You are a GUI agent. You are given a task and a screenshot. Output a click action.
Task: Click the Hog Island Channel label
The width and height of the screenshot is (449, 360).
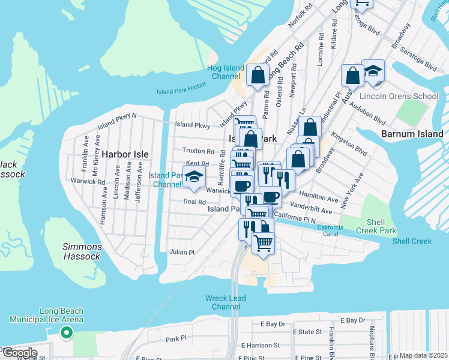pyautogui.click(x=224, y=73)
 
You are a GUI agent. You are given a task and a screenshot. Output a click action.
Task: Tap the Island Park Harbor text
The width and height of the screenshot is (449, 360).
pyautogui.click(x=181, y=88)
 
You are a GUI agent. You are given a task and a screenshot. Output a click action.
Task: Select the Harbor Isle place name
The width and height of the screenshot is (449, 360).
pyautogui.click(x=125, y=154)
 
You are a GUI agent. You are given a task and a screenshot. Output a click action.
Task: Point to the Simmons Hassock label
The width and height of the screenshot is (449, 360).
pyautogui.click(x=82, y=251)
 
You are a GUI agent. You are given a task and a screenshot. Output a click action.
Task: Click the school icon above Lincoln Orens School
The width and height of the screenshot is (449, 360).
pyautogui.click(x=373, y=72)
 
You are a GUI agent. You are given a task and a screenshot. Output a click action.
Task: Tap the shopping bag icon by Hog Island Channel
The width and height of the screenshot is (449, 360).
pyautogui.click(x=258, y=76)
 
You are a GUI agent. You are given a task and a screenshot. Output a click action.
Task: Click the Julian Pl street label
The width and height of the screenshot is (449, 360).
pyautogui.click(x=182, y=253)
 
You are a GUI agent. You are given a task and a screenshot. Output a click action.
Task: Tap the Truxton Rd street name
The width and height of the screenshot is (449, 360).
pyautogui.click(x=198, y=151)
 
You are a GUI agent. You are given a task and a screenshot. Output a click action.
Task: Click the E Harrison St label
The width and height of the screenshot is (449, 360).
pyautogui.click(x=260, y=346)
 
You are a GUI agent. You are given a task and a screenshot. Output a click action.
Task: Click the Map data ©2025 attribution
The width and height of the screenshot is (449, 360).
pyautogui.click(x=423, y=356)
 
